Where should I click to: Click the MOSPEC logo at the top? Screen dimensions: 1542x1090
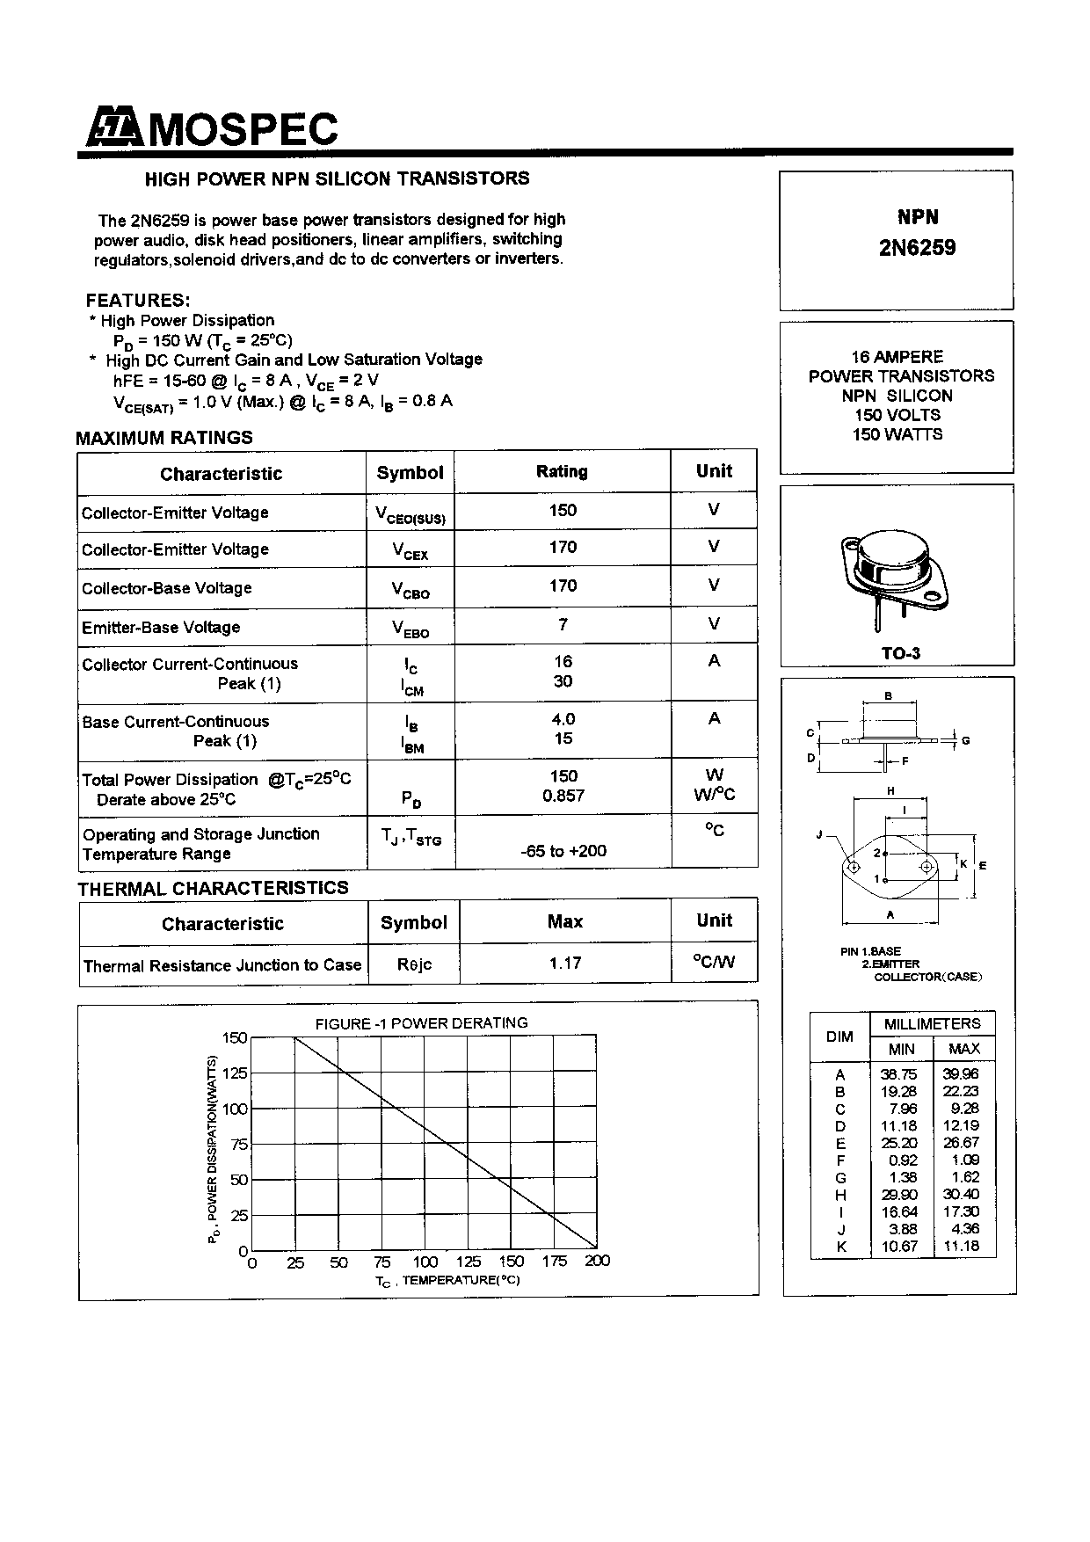(212, 128)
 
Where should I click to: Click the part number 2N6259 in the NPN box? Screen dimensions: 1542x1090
(917, 248)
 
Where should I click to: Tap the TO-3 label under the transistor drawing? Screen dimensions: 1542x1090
(901, 653)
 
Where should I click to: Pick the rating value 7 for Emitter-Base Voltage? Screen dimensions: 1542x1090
(563, 624)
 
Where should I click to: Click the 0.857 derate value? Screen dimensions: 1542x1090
(563, 796)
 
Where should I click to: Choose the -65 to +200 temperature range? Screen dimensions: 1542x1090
(563, 851)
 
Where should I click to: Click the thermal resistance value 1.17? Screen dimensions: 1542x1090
(565, 964)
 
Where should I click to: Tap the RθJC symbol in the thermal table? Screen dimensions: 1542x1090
(414, 964)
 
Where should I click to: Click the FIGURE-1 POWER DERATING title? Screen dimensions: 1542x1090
(422, 1023)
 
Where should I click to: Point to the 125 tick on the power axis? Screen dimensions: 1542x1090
(235, 1073)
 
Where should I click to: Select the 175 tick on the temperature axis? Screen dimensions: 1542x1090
(555, 1262)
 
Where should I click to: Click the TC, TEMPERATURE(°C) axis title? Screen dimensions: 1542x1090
(448, 1281)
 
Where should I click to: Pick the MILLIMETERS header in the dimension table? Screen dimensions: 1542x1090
(932, 1024)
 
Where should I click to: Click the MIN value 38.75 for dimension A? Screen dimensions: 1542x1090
(898, 1074)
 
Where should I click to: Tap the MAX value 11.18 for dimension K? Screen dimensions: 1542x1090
(964, 1247)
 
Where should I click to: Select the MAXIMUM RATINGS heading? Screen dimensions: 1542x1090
(164, 438)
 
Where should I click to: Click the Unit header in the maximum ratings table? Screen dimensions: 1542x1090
(714, 471)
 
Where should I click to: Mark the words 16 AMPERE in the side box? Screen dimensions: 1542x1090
(897, 357)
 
